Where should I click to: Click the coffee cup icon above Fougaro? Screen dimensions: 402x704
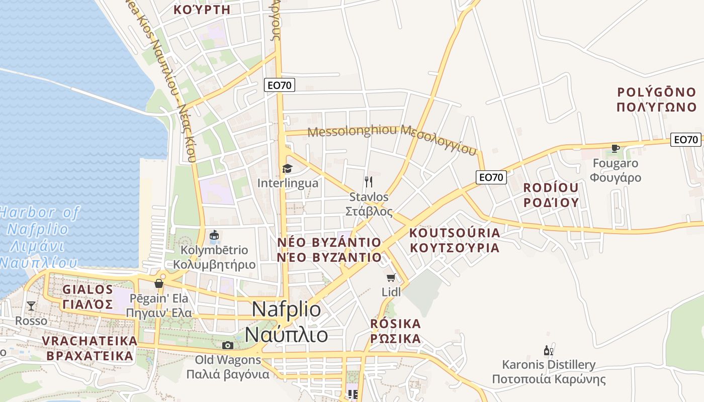tap(614, 148)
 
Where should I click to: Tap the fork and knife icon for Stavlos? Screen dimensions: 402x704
tap(369, 181)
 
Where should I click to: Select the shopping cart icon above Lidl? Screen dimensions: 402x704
tap(391, 277)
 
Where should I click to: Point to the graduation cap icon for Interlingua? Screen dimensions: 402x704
tap(287, 168)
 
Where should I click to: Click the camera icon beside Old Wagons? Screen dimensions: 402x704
tap(228, 345)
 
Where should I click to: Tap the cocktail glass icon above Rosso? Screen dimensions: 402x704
tap(31, 306)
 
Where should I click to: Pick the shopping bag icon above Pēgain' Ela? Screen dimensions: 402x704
tap(159, 283)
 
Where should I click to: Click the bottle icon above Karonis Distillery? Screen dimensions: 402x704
tap(548, 350)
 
